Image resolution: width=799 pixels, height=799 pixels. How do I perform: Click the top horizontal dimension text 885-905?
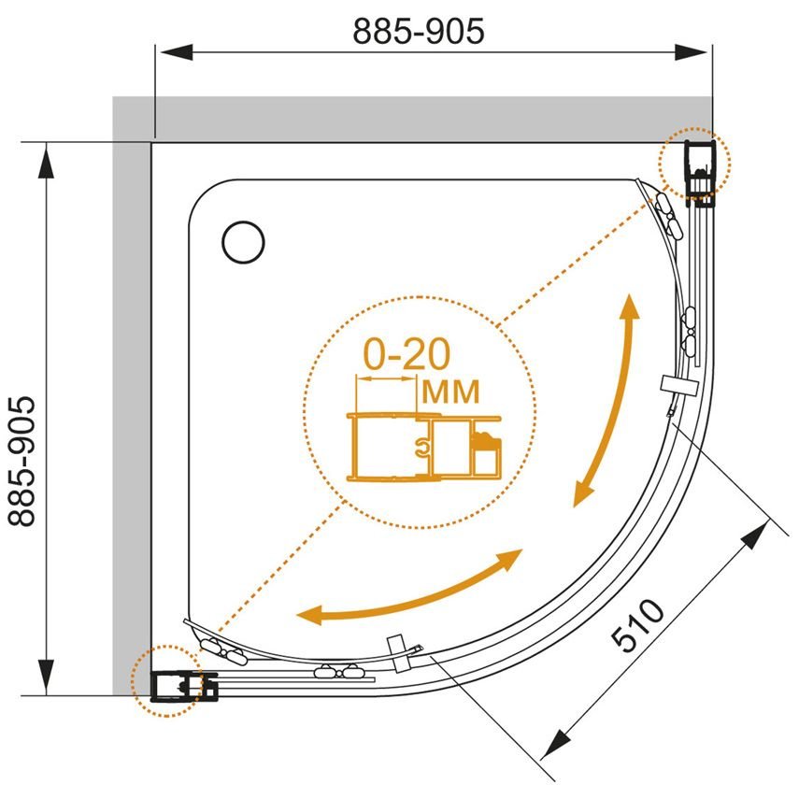pyautogui.click(x=418, y=31)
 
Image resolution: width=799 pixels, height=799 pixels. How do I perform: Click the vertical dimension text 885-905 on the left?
pyautogui.click(x=21, y=461)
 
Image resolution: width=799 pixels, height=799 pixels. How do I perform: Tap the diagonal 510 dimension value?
pyautogui.click(x=637, y=626)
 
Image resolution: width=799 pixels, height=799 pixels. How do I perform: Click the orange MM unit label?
pyautogui.click(x=451, y=392)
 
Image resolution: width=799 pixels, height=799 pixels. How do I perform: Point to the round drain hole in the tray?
pyautogui.click(x=244, y=242)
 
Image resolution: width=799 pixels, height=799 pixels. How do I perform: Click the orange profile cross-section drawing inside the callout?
pyautogui.click(x=424, y=447)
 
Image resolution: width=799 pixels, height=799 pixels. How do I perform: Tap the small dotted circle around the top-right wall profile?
pyautogui.click(x=694, y=164)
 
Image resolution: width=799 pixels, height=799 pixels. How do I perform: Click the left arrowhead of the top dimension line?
pyautogui.click(x=177, y=52)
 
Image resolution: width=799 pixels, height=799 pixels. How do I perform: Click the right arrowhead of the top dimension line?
pyautogui.click(x=691, y=52)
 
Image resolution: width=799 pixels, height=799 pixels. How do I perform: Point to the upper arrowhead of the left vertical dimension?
pyautogui.click(x=47, y=161)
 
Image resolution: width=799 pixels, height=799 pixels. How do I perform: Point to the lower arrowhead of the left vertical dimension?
pyautogui.click(x=47, y=677)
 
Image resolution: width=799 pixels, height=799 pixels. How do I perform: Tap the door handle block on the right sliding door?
pyautogui.click(x=678, y=385)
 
